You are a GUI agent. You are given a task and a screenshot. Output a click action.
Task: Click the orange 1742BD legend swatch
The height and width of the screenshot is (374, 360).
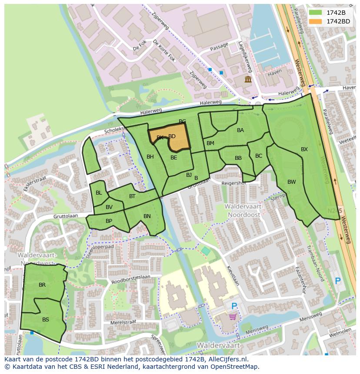316,21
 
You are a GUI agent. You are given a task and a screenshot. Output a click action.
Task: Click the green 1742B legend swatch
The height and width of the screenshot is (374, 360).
316,13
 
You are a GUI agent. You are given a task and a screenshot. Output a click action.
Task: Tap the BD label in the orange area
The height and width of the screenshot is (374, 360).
172,136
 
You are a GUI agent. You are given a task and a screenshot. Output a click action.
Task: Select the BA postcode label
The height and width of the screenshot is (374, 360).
240,130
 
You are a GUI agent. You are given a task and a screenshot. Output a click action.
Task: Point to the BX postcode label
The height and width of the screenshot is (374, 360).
304,149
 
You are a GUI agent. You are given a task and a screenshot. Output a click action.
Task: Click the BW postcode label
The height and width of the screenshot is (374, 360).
291,182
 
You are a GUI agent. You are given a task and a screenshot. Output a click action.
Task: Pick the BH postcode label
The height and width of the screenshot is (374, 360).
150,157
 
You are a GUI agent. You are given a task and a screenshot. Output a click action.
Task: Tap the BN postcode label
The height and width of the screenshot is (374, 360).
147,216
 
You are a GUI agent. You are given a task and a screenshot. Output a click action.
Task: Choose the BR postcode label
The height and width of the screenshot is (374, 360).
42,285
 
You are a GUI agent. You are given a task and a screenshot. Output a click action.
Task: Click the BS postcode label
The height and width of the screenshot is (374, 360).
46,319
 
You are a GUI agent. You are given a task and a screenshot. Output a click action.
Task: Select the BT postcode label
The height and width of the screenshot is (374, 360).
132,196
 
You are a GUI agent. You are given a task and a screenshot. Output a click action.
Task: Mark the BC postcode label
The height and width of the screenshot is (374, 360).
259,156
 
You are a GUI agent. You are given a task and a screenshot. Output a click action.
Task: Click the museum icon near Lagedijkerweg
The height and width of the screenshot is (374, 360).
248,79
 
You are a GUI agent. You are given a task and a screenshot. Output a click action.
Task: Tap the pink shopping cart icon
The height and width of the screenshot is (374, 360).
233,317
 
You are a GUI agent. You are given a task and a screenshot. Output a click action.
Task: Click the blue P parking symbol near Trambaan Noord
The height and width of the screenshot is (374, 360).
337,281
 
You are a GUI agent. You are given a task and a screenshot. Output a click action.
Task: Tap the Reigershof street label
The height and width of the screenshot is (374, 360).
234,183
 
